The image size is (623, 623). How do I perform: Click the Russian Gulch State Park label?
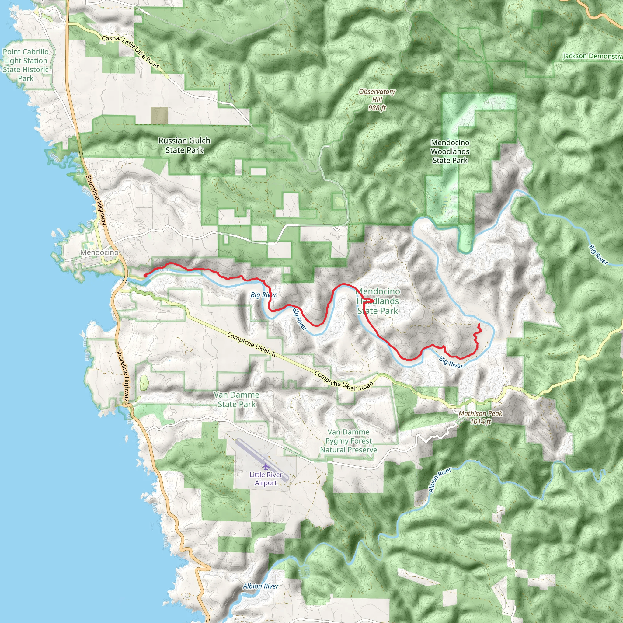[184, 145]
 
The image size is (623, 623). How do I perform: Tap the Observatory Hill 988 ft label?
[377, 100]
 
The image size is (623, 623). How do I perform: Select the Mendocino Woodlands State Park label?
[450, 151]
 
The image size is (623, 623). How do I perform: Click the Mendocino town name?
[99, 252]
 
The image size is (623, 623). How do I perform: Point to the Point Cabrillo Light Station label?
[26, 65]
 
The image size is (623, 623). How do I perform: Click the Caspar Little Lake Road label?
[130, 52]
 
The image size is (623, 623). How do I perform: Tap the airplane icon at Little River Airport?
[265, 466]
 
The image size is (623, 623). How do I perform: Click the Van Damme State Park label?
[236, 399]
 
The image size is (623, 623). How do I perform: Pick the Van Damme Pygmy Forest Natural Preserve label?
[348, 441]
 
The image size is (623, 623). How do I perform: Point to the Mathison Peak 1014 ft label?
[480, 418]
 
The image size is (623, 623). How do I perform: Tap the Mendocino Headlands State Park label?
[378, 301]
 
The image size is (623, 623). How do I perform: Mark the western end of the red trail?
[145, 276]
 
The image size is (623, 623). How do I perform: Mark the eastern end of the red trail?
[479, 324]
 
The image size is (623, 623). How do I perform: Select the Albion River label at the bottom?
[261, 586]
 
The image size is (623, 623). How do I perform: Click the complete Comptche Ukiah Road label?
[343, 381]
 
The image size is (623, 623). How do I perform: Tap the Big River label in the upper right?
[598, 255]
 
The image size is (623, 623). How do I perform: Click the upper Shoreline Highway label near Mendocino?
[96, 200]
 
